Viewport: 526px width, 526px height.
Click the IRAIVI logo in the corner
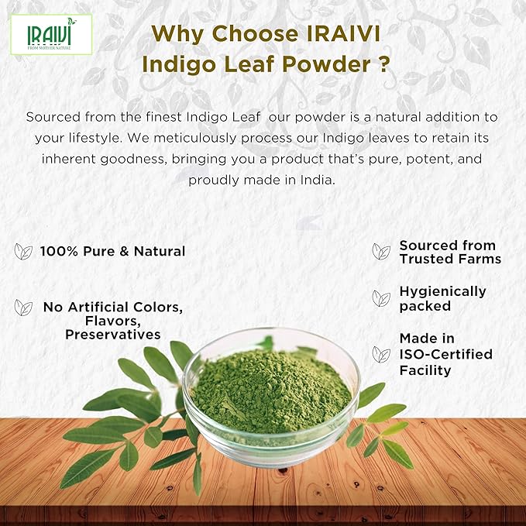click(x=51, y=33)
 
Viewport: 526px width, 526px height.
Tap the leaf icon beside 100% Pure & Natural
click(x=23, y=251)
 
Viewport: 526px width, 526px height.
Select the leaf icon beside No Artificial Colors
click(x=23, y=308)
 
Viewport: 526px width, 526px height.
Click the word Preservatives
click(x=112, y=335)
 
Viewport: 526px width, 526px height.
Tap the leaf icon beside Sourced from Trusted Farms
click(x=381, y=252)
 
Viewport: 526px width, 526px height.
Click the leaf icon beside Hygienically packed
click(x=381, y=298)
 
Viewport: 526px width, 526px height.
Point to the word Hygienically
click(x=442, y=291)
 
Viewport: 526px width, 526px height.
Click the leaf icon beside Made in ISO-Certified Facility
click(x=381, y=354)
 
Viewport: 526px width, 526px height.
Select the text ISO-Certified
click(x=445, y=354)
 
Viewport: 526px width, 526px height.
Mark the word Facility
click(x=425, y=370)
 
